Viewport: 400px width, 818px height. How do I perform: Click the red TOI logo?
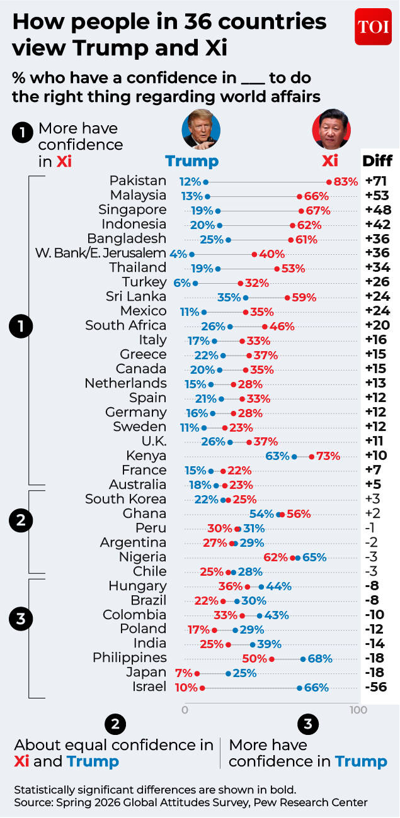point(373,26)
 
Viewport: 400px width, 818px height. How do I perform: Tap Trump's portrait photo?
point(201,129)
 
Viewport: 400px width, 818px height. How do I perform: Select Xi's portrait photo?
point(331,129)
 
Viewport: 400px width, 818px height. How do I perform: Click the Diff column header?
point(377,160)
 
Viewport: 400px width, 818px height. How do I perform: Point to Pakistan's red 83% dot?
point(329,182)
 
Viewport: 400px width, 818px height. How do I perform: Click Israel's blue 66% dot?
point(299,688)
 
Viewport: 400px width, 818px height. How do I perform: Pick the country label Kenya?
point(146,456)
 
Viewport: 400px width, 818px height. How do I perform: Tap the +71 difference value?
point(376,181)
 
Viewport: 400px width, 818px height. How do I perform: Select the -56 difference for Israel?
point(376,687)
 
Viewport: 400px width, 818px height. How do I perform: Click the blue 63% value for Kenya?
point(278,456)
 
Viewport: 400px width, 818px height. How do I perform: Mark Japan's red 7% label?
point(183,673)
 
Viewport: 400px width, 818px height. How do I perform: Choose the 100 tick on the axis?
point(358,710)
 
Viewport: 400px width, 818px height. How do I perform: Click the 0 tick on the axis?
point(185,710)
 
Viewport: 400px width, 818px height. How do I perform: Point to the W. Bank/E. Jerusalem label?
point(101,253)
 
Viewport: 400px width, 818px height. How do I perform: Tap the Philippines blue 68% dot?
point(303,659)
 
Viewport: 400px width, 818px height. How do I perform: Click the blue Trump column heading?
point(192,161)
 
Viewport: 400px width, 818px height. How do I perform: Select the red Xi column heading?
point(330,160)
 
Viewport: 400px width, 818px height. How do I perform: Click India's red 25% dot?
point(229,645)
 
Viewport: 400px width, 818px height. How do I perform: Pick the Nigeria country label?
point(142,557)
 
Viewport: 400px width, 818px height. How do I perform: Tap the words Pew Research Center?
point(311,802)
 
